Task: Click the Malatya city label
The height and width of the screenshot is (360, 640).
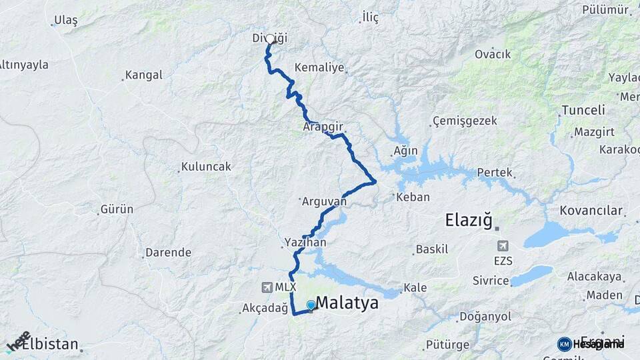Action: (x=347, y=303)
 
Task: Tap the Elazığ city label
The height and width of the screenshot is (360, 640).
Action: (x=469, y=219)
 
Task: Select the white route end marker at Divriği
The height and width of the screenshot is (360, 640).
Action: (x=271, y=39)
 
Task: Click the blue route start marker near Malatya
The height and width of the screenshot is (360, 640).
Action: (x=311, y=305)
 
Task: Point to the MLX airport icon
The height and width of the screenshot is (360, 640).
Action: (x=267, y=287)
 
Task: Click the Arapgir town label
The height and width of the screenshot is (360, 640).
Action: (x=321, y=126)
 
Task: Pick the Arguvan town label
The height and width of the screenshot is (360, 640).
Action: (x=325, y=201)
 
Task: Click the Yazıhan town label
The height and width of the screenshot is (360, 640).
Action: (x=305, y=243)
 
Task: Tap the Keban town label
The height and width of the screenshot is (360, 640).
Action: (x=413, y=197)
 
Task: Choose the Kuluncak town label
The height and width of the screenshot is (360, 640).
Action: (x=206, y=167)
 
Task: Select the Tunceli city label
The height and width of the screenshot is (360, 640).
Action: (x=583, y=110)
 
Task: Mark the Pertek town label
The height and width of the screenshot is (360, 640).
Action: (x=495, y=173)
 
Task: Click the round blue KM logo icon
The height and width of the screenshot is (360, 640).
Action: (x=565, y=344)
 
